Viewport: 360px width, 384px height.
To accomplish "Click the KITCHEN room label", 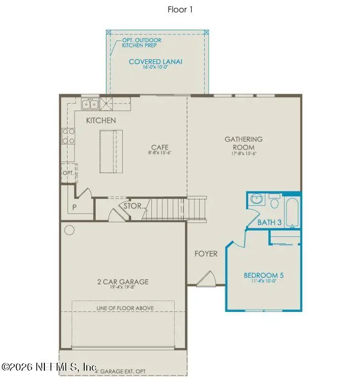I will pyautogui.click(x=101, y=120).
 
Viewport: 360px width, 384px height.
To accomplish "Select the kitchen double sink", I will pyautogui.click(x=89, y=104).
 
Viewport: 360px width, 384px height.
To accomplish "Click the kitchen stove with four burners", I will pyautogui.click(x=68, y=136).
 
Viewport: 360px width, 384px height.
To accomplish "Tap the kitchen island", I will pyautogui.click(x=110, y=151).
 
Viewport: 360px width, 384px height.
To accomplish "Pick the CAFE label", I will pyautogui.click(x=160, y=147).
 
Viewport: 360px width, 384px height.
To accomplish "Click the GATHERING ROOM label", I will pyautogui.click(x=244, y=143).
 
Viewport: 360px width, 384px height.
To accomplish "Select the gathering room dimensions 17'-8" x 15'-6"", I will pyautogui.click(x=244, y=154).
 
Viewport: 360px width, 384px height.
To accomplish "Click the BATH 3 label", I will pyautogui.click(x=269, y=223).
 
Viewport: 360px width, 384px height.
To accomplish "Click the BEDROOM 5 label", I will pyautogui.click(x=263, y=275).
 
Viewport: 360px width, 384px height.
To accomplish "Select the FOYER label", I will pyautogui.click(x=206, y=254).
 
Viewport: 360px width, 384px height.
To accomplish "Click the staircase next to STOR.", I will pyautogui.click(x=173, y=208).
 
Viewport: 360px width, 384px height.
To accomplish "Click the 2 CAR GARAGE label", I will pyautogui.click(x=123, y=282).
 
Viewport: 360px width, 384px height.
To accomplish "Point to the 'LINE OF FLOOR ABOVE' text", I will pyautogui.click(x=125, y=308).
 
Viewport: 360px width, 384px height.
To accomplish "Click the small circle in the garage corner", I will pyautogui.click(x=69, y=230).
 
